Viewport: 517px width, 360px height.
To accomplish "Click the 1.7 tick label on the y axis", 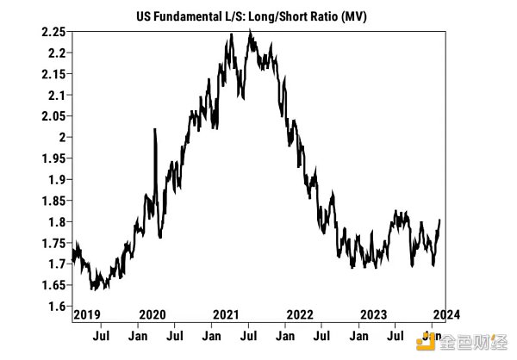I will coord(57,264).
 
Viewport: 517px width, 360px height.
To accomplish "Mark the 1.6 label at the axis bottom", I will coord(57,307).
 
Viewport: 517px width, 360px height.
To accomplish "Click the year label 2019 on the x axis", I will coord(86,314).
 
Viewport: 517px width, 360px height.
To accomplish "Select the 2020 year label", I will coord(153,314).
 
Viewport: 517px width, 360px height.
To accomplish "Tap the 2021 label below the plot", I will coord(226,314).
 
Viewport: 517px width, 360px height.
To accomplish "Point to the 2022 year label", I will coord(299,314).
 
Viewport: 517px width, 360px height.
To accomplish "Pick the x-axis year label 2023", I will coord(372,314).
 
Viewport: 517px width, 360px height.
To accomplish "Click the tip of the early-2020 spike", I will coord(154,129).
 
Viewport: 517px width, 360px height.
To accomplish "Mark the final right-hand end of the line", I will coord(439,220).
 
